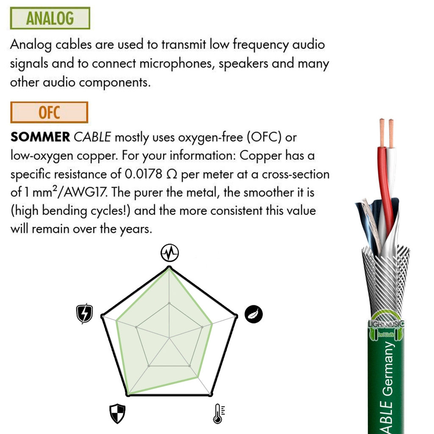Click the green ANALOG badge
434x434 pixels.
click(x=50, y=18)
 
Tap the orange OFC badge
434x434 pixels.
click(x=49, y=112)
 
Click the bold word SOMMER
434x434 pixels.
click(x=40, y=137)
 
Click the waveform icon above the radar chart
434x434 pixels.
click(x=170, y=253)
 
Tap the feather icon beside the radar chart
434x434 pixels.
click(x=254, y=314)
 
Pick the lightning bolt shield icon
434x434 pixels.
click(x=85, y=314)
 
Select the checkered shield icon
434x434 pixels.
click(x=117, y=413)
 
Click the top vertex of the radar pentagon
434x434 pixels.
click(x=170, y=267)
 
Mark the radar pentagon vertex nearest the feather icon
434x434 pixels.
click(x=236, y=316)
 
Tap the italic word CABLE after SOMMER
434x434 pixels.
click(x=92, y=137)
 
